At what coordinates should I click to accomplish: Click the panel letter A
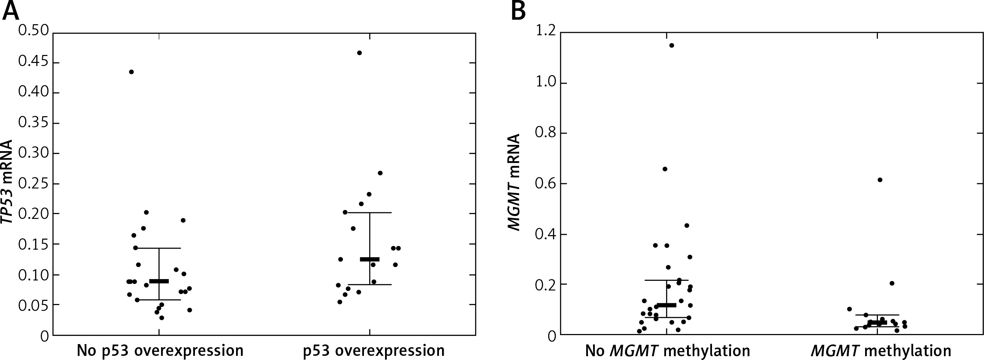click(x=11, y=11)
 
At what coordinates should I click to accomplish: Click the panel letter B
click(x=518, y=11)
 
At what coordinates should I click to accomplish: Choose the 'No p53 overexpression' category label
click(x=160, y=350)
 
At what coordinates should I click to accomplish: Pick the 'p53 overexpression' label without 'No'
click(x=374, y=350)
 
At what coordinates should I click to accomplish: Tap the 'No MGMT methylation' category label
click(x=668, y=350)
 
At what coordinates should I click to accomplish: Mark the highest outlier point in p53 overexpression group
click(x=359, y=53)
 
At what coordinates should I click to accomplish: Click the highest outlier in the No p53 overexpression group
click(x=131, y=72)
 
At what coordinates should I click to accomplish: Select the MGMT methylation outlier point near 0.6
click(x=880, y=179)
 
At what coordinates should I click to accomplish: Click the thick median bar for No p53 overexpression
click(x=159, y=281)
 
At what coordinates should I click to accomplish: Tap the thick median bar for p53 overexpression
click(x=370, y=259)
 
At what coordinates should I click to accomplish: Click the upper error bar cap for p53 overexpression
click(x=370, y=212)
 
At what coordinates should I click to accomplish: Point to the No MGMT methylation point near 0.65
click(x=665, y=169)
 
